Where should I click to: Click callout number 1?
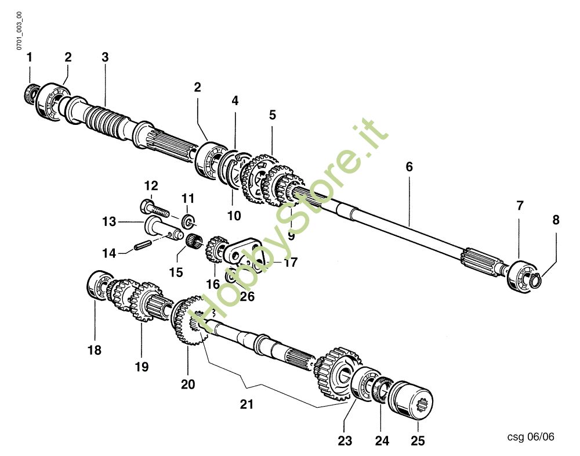[29, 58]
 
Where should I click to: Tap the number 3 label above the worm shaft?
[105, 58]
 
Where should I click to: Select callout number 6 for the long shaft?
[409, 167]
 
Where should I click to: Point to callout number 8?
[556, 220]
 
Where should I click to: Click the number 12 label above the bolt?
[151, 185]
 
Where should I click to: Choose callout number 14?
[109, 253]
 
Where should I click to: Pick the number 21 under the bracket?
[246, 404]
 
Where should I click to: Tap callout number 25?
[418, 441]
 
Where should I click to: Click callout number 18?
[95, 350]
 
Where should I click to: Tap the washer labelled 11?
[188, 221]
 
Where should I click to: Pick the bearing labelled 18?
[100, 285]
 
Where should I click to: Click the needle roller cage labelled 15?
[194, 242]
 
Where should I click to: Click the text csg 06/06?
[531, 437]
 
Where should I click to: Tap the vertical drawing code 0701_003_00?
[19, 31]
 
